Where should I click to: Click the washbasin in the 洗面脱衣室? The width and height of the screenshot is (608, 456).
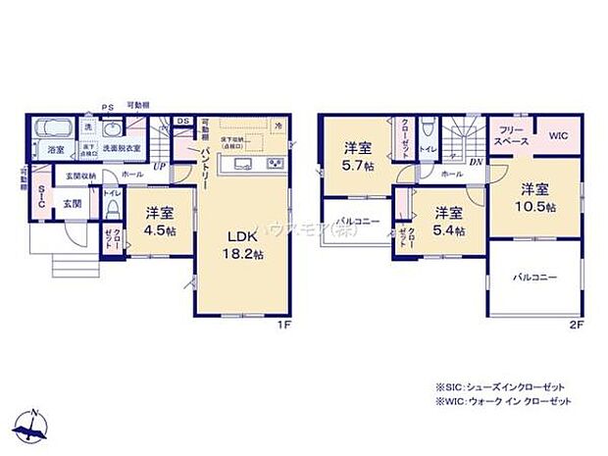(x=112, y=129)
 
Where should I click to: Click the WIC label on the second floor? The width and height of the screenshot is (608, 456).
(x=558, y=136)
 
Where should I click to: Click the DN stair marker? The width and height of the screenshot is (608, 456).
(x=475, y=163)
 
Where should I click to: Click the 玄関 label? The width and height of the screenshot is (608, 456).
(x=74, y=204)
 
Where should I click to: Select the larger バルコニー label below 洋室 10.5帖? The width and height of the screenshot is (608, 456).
(x=534, y=278)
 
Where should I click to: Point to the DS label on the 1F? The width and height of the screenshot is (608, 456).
(x=182, y=122)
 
